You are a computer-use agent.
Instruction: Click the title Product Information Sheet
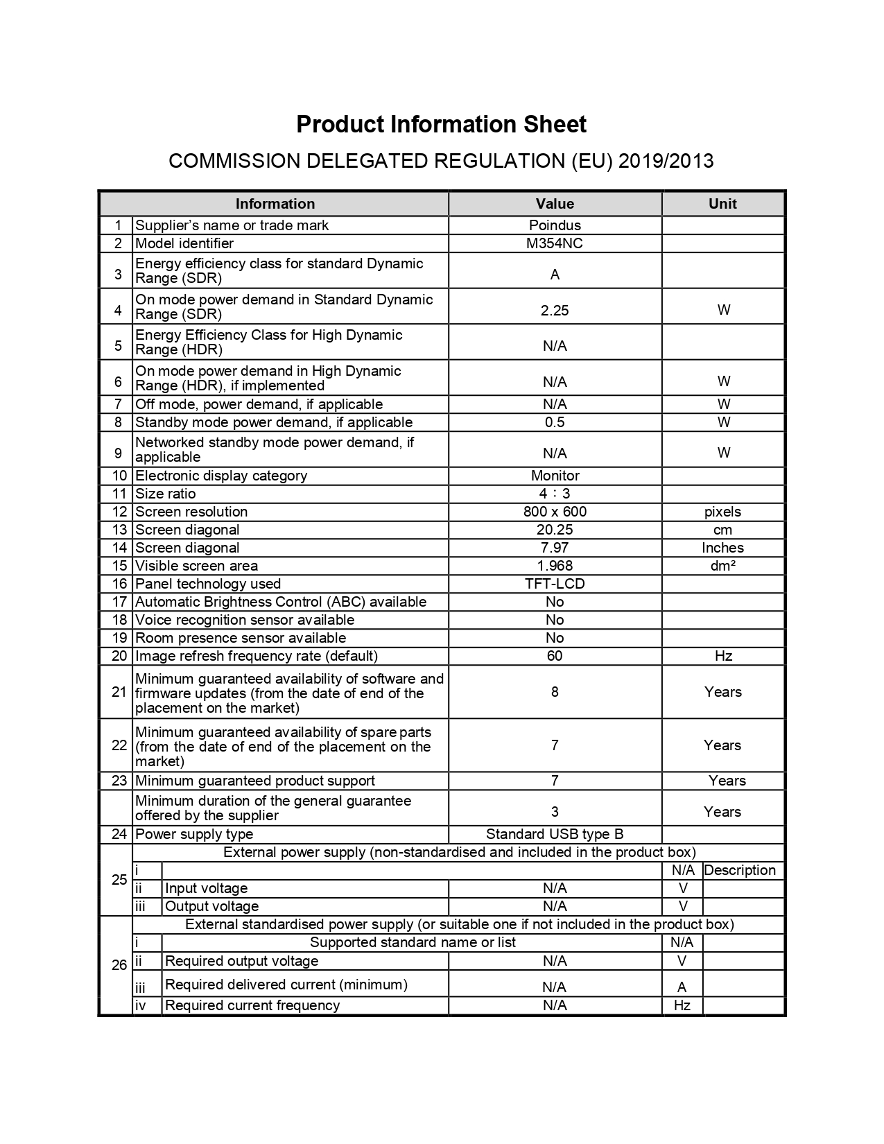(441, 124)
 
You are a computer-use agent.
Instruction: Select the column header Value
(555, 204)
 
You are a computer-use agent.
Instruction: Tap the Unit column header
(722, 204)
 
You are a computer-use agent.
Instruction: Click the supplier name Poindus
(555, 225)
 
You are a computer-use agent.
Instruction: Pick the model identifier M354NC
(555, 243)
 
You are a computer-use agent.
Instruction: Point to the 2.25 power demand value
(555, 311)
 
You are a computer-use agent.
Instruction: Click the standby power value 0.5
(555, 422)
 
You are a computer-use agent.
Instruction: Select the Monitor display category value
(555, 476)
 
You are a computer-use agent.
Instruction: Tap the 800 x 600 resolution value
(555, 512)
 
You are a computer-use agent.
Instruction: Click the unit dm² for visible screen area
(723, 566)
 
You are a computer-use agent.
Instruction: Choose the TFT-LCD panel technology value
(555, 584)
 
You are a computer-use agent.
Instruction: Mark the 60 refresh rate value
(555, 656)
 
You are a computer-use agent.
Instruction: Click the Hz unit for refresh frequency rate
(723, 656)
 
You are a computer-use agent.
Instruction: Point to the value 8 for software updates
(555, 692)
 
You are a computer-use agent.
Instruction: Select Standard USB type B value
(555, 834)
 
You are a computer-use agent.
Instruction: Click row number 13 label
(119, 530)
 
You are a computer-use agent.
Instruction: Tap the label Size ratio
(166, 494)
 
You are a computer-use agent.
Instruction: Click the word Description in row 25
(740, 870)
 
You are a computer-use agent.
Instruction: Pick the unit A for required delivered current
(682, 987)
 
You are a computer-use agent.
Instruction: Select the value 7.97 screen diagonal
(555, 548)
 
